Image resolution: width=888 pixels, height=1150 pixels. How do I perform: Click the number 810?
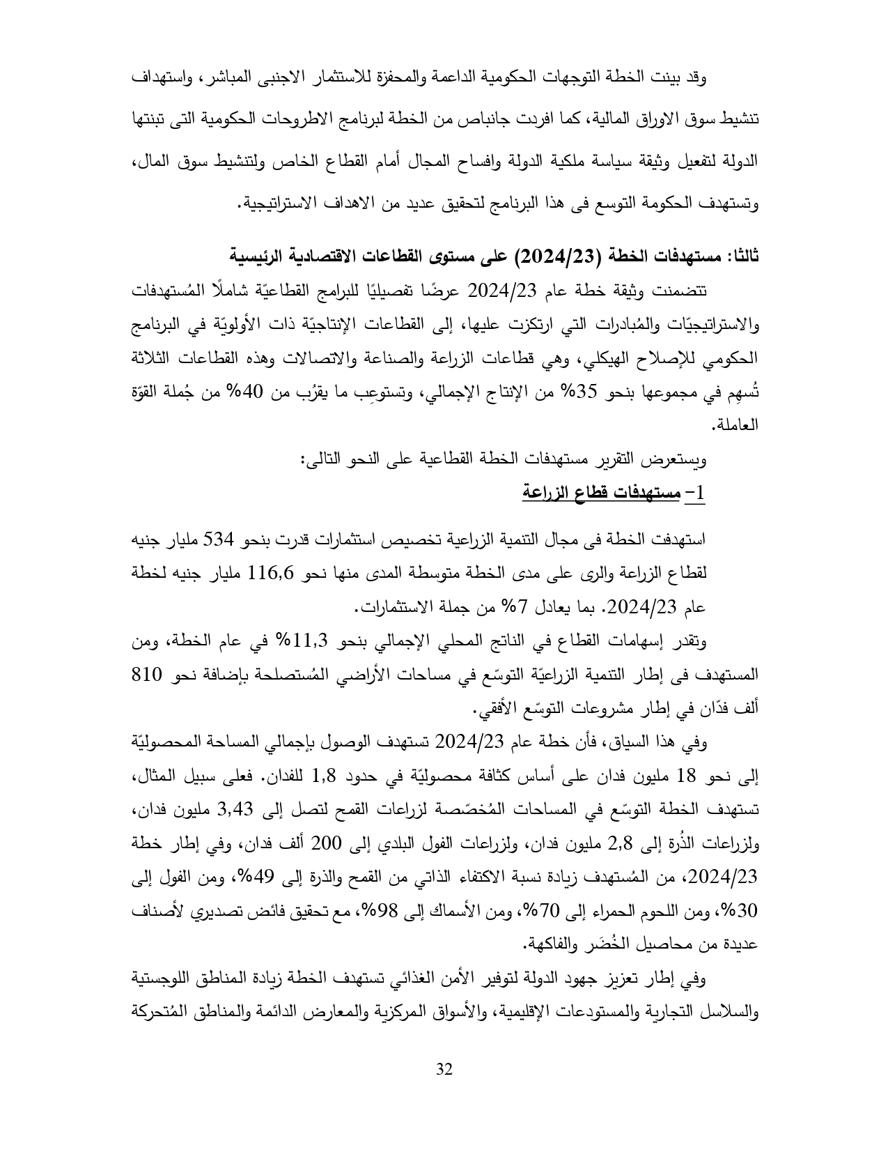(148, 675)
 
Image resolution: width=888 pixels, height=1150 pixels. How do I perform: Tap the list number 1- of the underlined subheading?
(695, 493)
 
